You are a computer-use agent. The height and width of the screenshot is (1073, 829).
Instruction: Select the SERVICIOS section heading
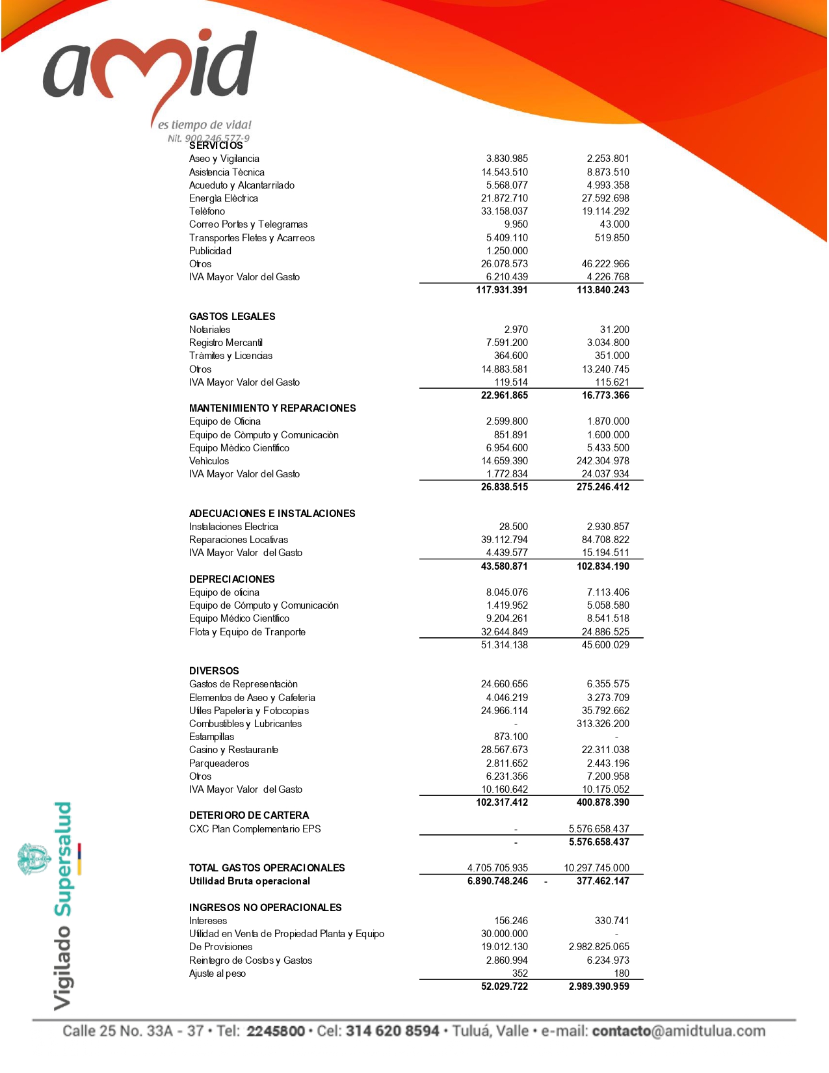tap(216, 146)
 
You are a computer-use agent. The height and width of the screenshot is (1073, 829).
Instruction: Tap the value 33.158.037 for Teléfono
tap(504, 211)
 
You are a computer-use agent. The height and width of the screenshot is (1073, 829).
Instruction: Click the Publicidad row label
tap(210, 251)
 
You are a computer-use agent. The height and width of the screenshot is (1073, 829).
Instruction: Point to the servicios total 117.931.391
tap(501, 290)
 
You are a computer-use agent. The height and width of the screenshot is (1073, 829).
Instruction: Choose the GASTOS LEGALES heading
tap(232, 317)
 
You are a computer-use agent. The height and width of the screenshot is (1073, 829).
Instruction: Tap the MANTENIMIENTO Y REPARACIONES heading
tap(272, 408)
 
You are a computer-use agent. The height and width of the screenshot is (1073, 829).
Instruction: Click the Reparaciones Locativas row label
tap(238, 540)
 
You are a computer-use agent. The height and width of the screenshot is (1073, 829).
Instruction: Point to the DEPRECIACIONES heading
tap(231, 579)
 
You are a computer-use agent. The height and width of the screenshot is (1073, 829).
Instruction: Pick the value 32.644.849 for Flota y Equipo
tap(504, 632)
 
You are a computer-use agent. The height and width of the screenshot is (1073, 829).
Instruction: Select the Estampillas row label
tap(211, 737)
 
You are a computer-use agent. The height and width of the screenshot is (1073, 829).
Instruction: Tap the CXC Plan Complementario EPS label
tap(255, 829)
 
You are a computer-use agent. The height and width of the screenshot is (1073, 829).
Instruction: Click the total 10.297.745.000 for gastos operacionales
tap(596, 868)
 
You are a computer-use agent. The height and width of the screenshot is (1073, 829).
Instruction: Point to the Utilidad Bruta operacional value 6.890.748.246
tap(497, 881)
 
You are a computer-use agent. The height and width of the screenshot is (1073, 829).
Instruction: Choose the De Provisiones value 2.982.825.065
tap(599, 947)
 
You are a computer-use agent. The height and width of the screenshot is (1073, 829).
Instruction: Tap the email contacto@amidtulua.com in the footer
tap(678, 1031)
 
